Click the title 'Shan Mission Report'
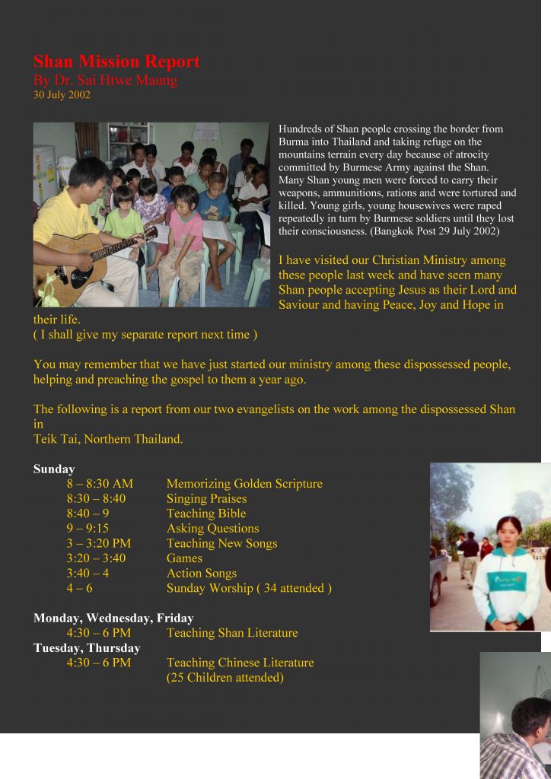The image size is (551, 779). tap(116, 62)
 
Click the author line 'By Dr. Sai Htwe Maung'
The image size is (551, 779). tap(106, 80)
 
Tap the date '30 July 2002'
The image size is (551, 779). tap(62, 95)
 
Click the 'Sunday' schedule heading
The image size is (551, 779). tap(54, 469)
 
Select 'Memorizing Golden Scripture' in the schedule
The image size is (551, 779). tap(244, 484)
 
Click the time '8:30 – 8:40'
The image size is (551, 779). tap(96, 499)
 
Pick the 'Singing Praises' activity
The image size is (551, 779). tap(206, 499)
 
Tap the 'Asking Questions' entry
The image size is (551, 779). tap(212, 529)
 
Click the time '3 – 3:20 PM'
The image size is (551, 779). tap(98, 543)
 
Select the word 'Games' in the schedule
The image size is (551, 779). tap(184, 558)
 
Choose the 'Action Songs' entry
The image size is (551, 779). tap(201, 574)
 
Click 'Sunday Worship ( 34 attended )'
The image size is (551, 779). tap(249, 588)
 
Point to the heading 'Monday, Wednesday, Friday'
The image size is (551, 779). tap(113, 618)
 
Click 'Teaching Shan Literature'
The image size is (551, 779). tap(232, 633)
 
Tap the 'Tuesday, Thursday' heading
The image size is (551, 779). tap(87, 648)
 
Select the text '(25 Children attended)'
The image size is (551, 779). tap(225, 678)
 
